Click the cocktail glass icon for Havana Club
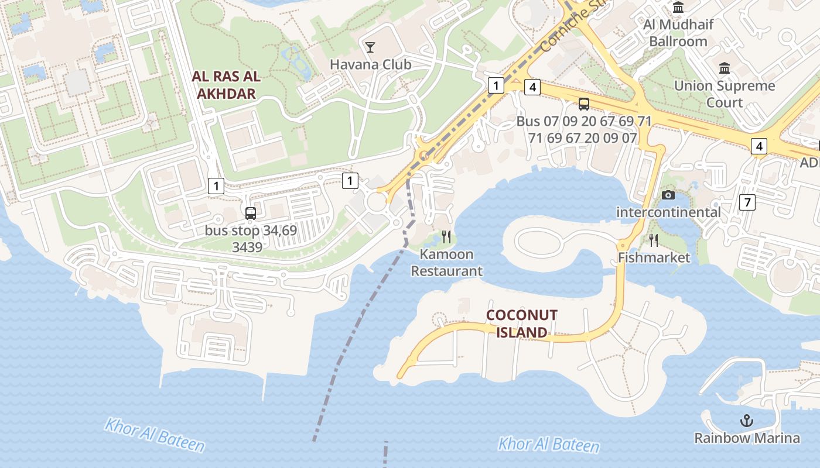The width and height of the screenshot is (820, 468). tap(370, 47)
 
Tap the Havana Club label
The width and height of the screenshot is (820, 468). tap(371, 64)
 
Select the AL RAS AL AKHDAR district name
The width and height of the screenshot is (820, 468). tap(226, 85)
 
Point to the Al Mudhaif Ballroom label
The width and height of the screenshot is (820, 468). tap(678, 33)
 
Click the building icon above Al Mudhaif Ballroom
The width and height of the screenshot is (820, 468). tap(678, 8)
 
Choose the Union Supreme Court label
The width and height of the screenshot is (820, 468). tap(725, 94)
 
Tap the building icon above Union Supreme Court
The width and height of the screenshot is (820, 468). tap(725, 68)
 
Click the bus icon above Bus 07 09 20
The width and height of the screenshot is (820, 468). tap(584, 104)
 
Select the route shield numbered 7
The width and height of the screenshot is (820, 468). tap(747, 202)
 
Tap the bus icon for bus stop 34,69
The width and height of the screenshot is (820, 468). tap(251, 214)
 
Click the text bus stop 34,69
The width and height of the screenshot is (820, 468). tap(251, 230)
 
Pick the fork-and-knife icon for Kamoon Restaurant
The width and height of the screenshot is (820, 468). tap(446, 237)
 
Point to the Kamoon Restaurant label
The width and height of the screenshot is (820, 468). tap(447, 263)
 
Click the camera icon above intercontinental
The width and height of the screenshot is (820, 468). tap(668, 195)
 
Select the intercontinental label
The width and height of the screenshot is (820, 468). tap(668, 212)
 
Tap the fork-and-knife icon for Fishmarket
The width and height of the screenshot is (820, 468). tap(654, 240)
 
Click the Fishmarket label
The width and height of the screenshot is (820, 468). tap(654, 257)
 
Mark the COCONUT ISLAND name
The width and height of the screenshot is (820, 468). tap(521, 324)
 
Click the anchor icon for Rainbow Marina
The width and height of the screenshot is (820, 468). tap(747, 420)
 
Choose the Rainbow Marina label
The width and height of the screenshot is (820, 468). tap(747, 438)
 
